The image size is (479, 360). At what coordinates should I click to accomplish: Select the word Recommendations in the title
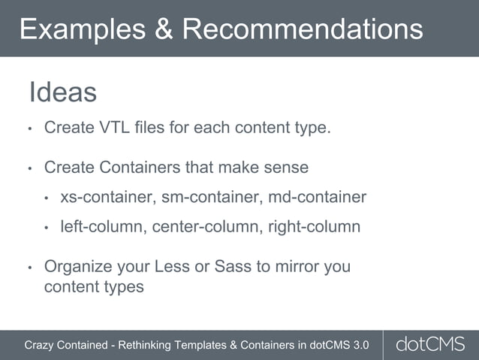[x=302, y=29]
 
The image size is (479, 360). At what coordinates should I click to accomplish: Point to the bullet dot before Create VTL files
[x=29, y=129]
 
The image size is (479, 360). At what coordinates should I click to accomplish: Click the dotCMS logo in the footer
[x=430, y=345]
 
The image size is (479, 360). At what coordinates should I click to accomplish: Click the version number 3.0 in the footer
[x=360, y=345]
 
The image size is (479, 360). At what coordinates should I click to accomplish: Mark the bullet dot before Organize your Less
[x=29, y=268]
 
